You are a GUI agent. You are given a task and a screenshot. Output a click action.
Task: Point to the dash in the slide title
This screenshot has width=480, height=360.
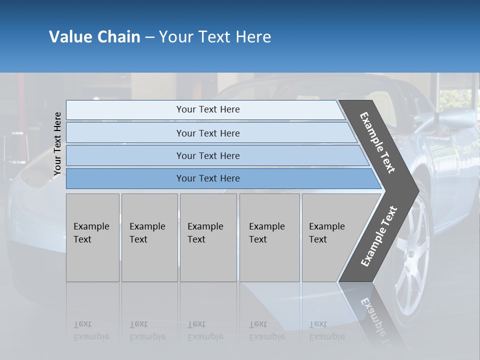tap(149, 37)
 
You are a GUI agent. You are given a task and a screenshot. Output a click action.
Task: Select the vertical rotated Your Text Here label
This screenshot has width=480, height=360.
tap(57, 143)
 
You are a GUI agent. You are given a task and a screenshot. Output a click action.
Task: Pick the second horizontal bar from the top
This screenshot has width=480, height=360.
tap(207, 133)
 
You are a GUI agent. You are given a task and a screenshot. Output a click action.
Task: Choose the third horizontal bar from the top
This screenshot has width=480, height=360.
tap(207, 155)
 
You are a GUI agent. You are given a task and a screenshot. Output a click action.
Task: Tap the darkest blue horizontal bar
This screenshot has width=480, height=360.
tap(207, 178)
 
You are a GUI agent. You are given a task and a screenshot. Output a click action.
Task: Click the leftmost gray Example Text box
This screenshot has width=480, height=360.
tap(92, 237)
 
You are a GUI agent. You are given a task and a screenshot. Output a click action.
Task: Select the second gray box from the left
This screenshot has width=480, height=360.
tap(149, 237)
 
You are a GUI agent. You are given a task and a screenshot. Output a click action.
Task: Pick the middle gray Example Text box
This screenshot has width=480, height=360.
tap(208, 237)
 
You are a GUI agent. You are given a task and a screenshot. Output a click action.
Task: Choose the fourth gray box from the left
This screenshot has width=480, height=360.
tap(269, 237)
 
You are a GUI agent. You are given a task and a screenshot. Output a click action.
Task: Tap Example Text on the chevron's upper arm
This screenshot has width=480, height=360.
tap(377, 142)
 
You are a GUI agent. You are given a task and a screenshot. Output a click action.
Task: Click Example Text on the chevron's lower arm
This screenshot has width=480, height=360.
tap(378, 236)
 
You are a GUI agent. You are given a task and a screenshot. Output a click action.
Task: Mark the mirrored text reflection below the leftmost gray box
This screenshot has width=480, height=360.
tap(91, 330)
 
